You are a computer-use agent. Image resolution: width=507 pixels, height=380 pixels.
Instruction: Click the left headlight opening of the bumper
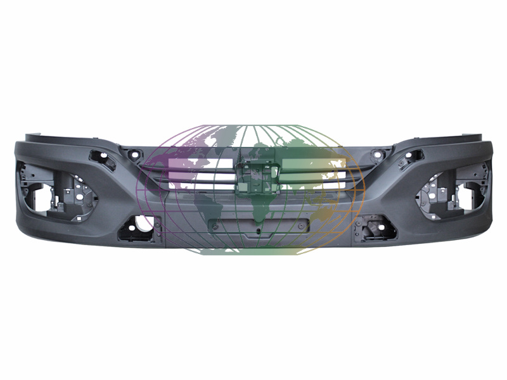click(54, 187)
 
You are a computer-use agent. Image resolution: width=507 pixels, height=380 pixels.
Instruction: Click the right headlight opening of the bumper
click(451, 187)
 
